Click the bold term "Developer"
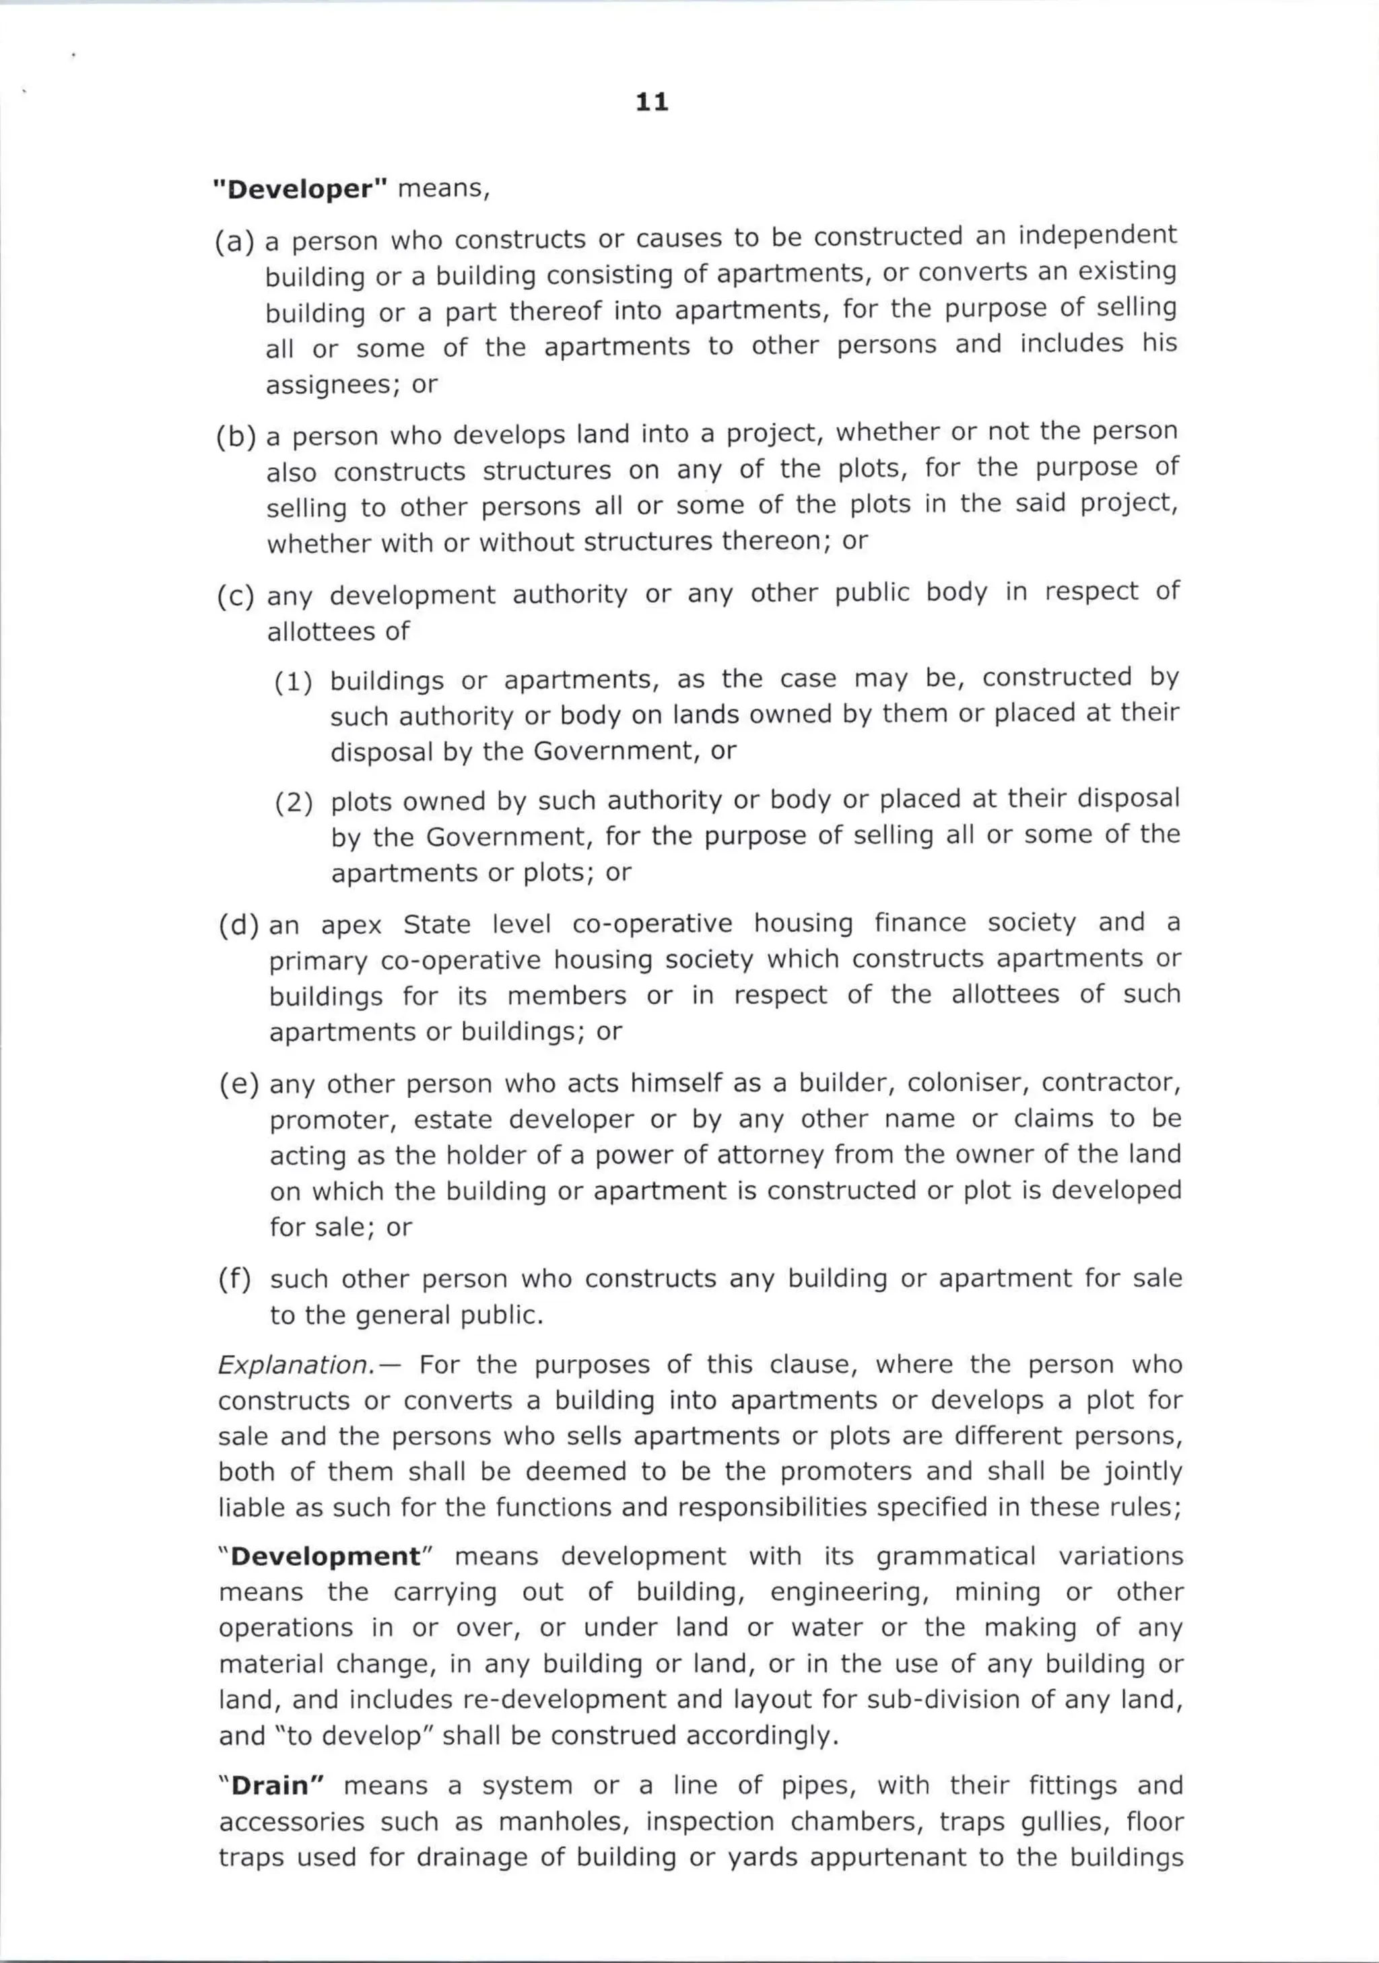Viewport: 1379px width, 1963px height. tap(300, 189)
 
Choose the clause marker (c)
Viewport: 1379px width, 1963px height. tap(235, 595)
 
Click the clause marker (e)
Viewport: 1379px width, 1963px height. tap(238, 1084)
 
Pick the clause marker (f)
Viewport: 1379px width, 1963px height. tap(236, 1279)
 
